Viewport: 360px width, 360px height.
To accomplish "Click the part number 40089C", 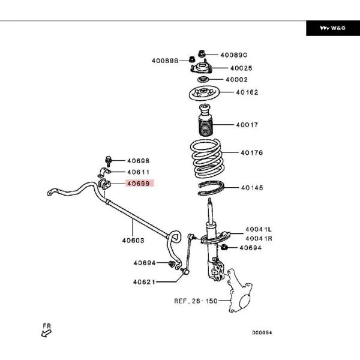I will [x=234, y=54].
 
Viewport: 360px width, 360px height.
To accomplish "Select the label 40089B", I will [x=164, y=60].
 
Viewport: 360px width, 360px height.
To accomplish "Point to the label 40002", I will [x=236, y=79].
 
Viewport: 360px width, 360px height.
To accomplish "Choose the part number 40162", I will [x=247, y=92].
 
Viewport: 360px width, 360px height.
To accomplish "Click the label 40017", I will [x=246, y=125].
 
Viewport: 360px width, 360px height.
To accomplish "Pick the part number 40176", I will [x=252, y=153].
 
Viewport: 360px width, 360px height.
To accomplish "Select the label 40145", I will [x=252, y=188].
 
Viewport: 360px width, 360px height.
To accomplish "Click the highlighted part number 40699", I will [x=138, y=184].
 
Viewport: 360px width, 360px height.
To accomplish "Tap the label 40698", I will [x=138, y=161].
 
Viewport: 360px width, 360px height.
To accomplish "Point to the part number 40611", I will [x=138, y=172].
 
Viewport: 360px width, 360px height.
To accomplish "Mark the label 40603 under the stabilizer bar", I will [x=133, y=240].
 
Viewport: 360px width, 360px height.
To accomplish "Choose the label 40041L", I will [x=258, y=229].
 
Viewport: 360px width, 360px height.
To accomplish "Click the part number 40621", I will [x=145, y=281].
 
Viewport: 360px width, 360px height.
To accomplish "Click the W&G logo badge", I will [x=332, y=28].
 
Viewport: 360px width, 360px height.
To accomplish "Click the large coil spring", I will [x=206, y=157].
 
